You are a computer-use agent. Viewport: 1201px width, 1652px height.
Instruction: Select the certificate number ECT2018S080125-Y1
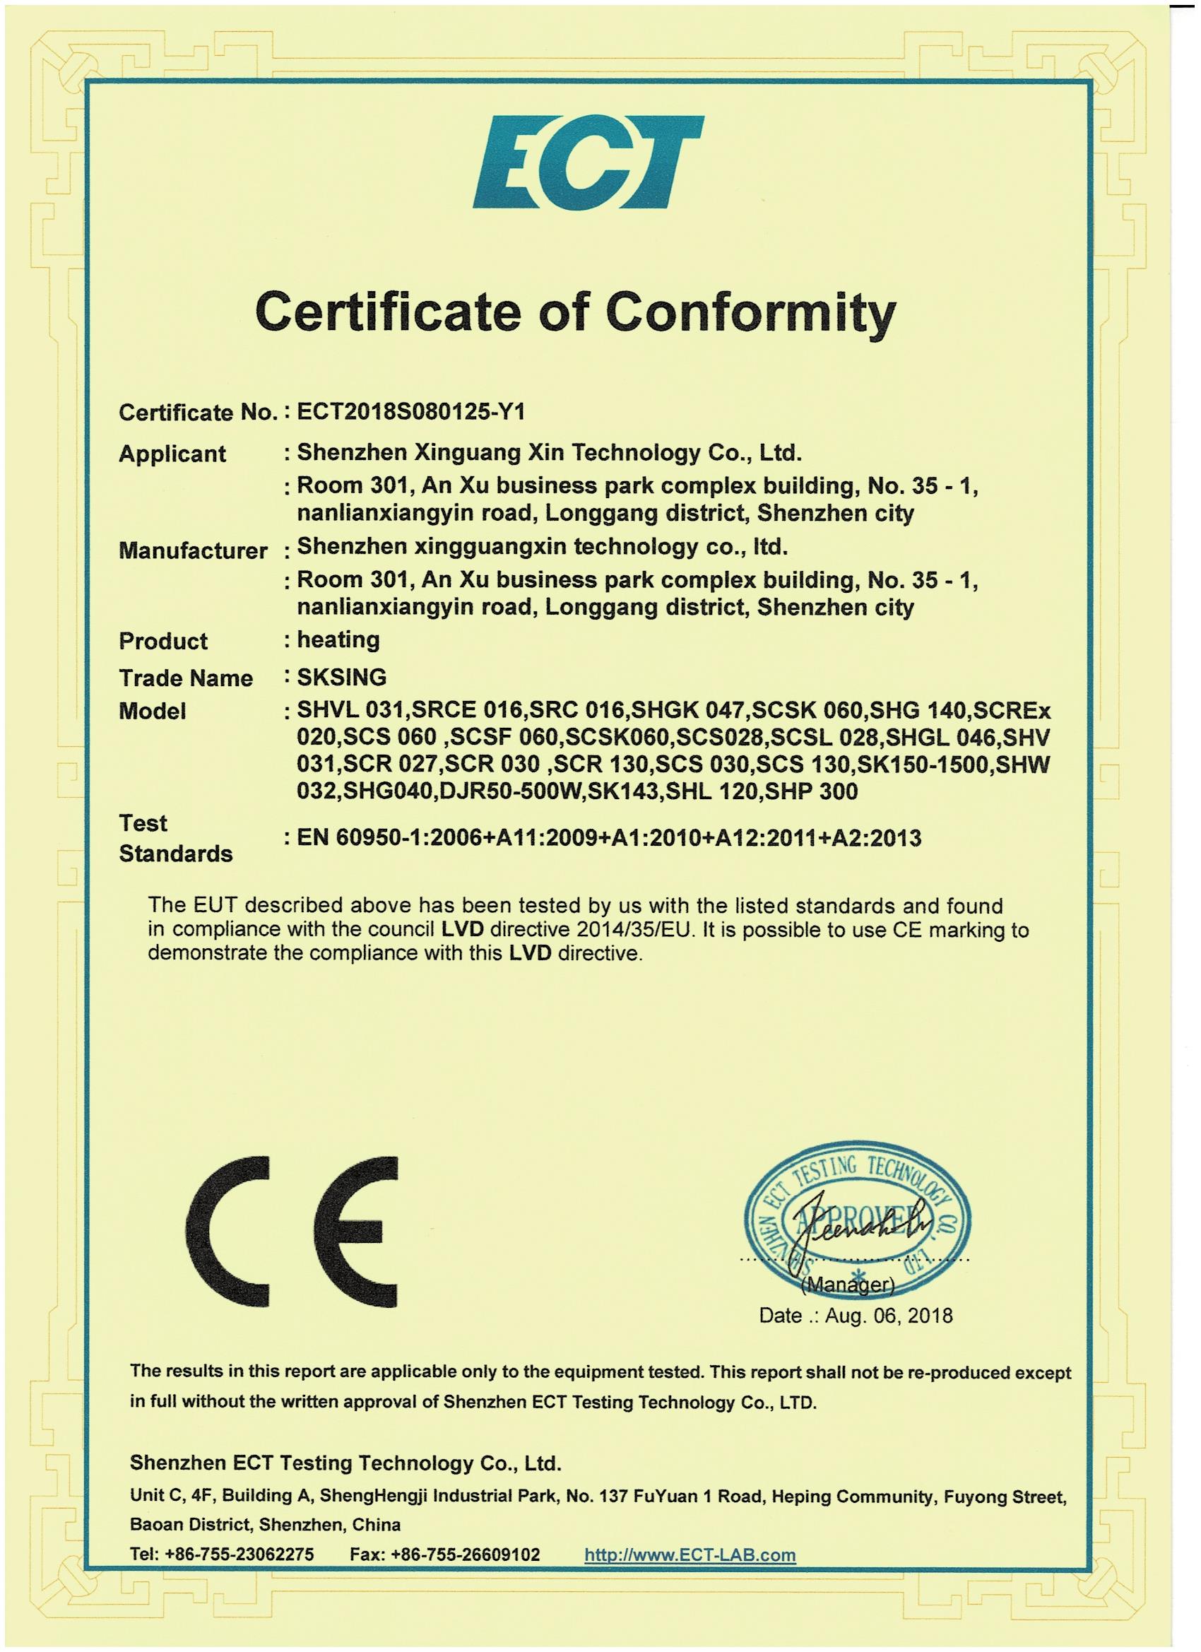pos(410,412)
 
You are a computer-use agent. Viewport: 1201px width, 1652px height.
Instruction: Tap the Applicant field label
pos(172,454)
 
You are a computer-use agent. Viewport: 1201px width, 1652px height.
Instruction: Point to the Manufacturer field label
pos(193,550)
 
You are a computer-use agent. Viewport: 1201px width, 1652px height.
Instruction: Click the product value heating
pos(338,640)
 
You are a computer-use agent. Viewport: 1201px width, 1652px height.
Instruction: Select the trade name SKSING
pos(342,678)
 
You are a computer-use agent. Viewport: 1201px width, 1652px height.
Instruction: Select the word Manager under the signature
pos(848,1284)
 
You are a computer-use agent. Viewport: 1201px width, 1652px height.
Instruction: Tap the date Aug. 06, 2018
pos(889,1316)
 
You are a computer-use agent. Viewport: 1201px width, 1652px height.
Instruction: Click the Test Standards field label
pos(175,839)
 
